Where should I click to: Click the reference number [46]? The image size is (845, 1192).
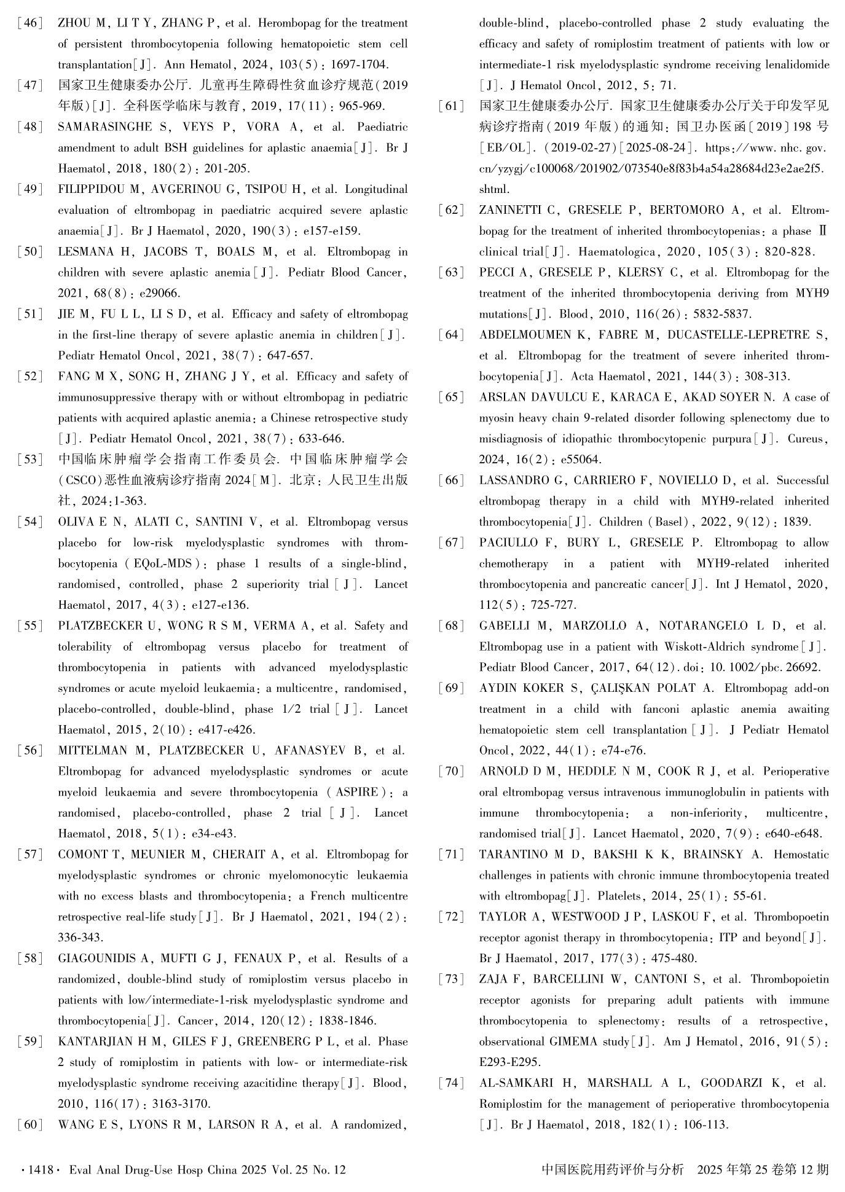(30, 24)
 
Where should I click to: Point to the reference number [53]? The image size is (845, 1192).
(30, 460)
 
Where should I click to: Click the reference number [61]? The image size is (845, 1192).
(452, 107)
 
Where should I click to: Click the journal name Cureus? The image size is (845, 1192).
(807, 439)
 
